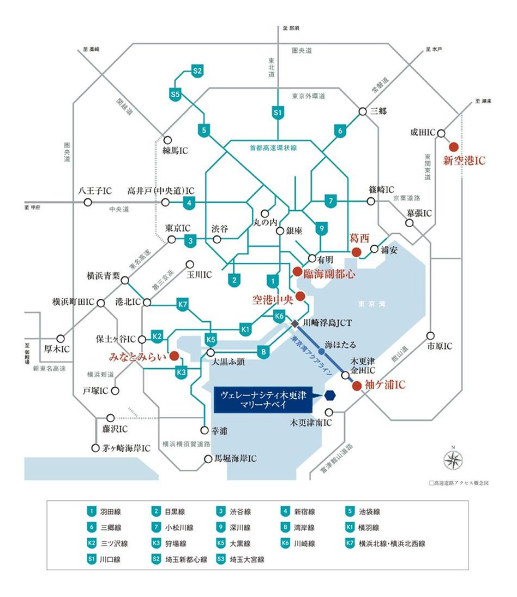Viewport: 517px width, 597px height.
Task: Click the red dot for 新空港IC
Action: point(453,146)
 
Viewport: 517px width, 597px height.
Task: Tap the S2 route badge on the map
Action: point(197,70)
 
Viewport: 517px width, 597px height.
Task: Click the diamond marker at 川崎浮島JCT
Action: point(294,324)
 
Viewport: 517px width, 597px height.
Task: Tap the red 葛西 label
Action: point(359,238)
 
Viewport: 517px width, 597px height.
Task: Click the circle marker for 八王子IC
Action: point(87,202)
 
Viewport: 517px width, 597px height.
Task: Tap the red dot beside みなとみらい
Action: point(174,356)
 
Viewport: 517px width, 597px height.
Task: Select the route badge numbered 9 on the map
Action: point(322,228)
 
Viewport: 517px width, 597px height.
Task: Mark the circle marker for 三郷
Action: point(362,111)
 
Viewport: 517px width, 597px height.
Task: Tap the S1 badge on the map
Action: point(278,113)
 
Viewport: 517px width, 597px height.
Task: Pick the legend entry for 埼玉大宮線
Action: point(241,559)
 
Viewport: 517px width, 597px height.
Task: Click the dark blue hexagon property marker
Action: point(329,395)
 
